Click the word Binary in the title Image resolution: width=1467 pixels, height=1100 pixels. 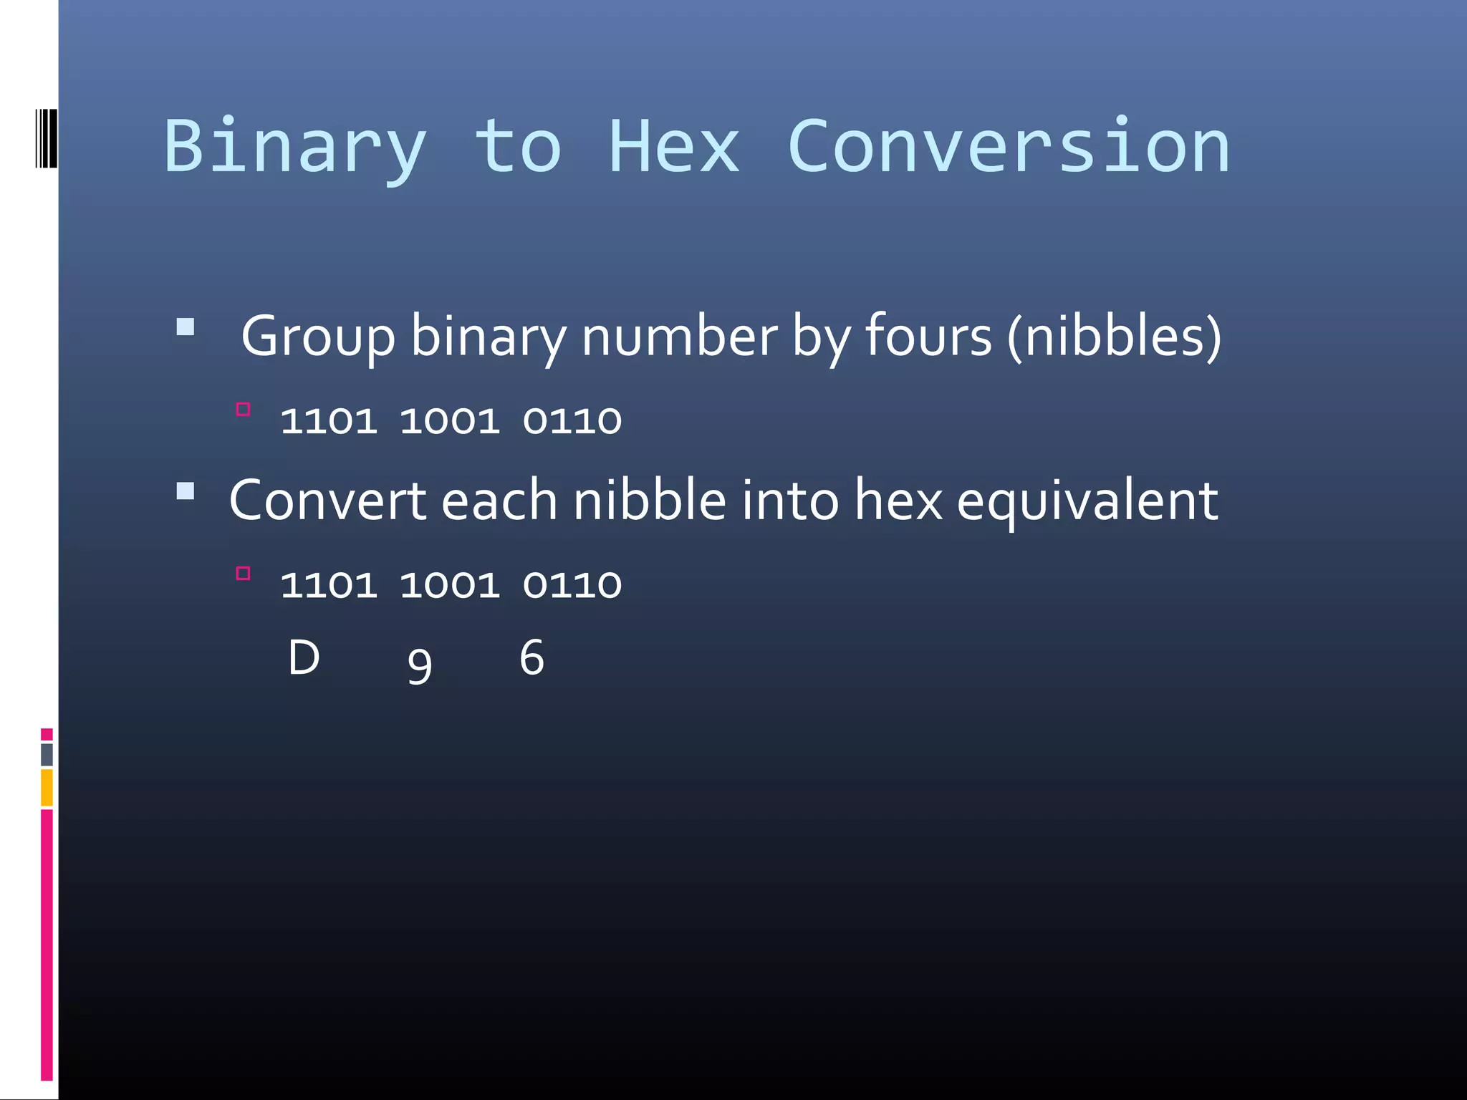coord(294,147)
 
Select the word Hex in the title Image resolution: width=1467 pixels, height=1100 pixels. coord(673,147)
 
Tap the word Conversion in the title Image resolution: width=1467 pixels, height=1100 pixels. coord(1008,147)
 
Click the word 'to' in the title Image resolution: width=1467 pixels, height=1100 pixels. coord(517,147)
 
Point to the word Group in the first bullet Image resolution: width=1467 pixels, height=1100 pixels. coord(317,337)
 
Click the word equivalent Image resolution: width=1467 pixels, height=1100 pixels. coord(1087,501)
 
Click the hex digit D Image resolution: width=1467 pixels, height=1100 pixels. coord(304,657)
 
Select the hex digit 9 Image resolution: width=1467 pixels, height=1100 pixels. coord(420,665)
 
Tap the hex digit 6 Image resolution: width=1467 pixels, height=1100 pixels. coord(532,657)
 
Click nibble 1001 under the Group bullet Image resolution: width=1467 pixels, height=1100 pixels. coord(450,420)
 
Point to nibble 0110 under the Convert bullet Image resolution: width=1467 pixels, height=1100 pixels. coord(572,584)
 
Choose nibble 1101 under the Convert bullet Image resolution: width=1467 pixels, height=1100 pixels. coord(329,584)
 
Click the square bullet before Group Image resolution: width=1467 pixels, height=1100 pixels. coord(186,327)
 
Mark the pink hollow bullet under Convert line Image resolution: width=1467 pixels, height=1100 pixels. coord(243,573)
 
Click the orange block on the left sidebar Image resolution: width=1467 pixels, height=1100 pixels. coord(47,787)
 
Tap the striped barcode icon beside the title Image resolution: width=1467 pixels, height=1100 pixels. coord(46,137)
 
